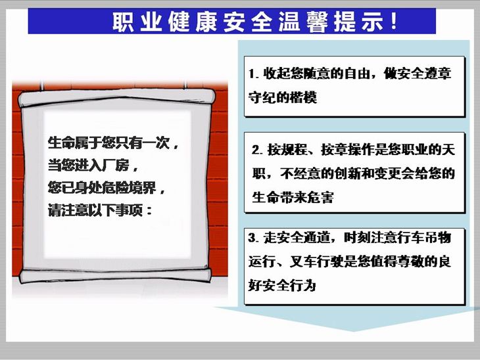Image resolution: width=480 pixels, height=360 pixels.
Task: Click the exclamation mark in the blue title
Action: [395, 21]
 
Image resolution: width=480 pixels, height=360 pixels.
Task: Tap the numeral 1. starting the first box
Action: [254, 74]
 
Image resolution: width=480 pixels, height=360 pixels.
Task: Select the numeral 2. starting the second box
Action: [257, 150]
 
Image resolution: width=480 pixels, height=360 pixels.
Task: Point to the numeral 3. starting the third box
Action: [254, 238]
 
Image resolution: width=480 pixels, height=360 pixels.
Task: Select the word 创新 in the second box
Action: [348, 173]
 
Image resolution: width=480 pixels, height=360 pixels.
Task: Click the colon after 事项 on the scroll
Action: [149, 210]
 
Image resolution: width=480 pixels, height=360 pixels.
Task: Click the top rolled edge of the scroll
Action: [116, 97]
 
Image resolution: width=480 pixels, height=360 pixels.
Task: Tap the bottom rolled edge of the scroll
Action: [116, 276]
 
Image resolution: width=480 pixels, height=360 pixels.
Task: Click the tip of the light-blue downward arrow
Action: [354, 332]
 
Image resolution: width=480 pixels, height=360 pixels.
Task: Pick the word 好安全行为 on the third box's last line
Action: [282, 285]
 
